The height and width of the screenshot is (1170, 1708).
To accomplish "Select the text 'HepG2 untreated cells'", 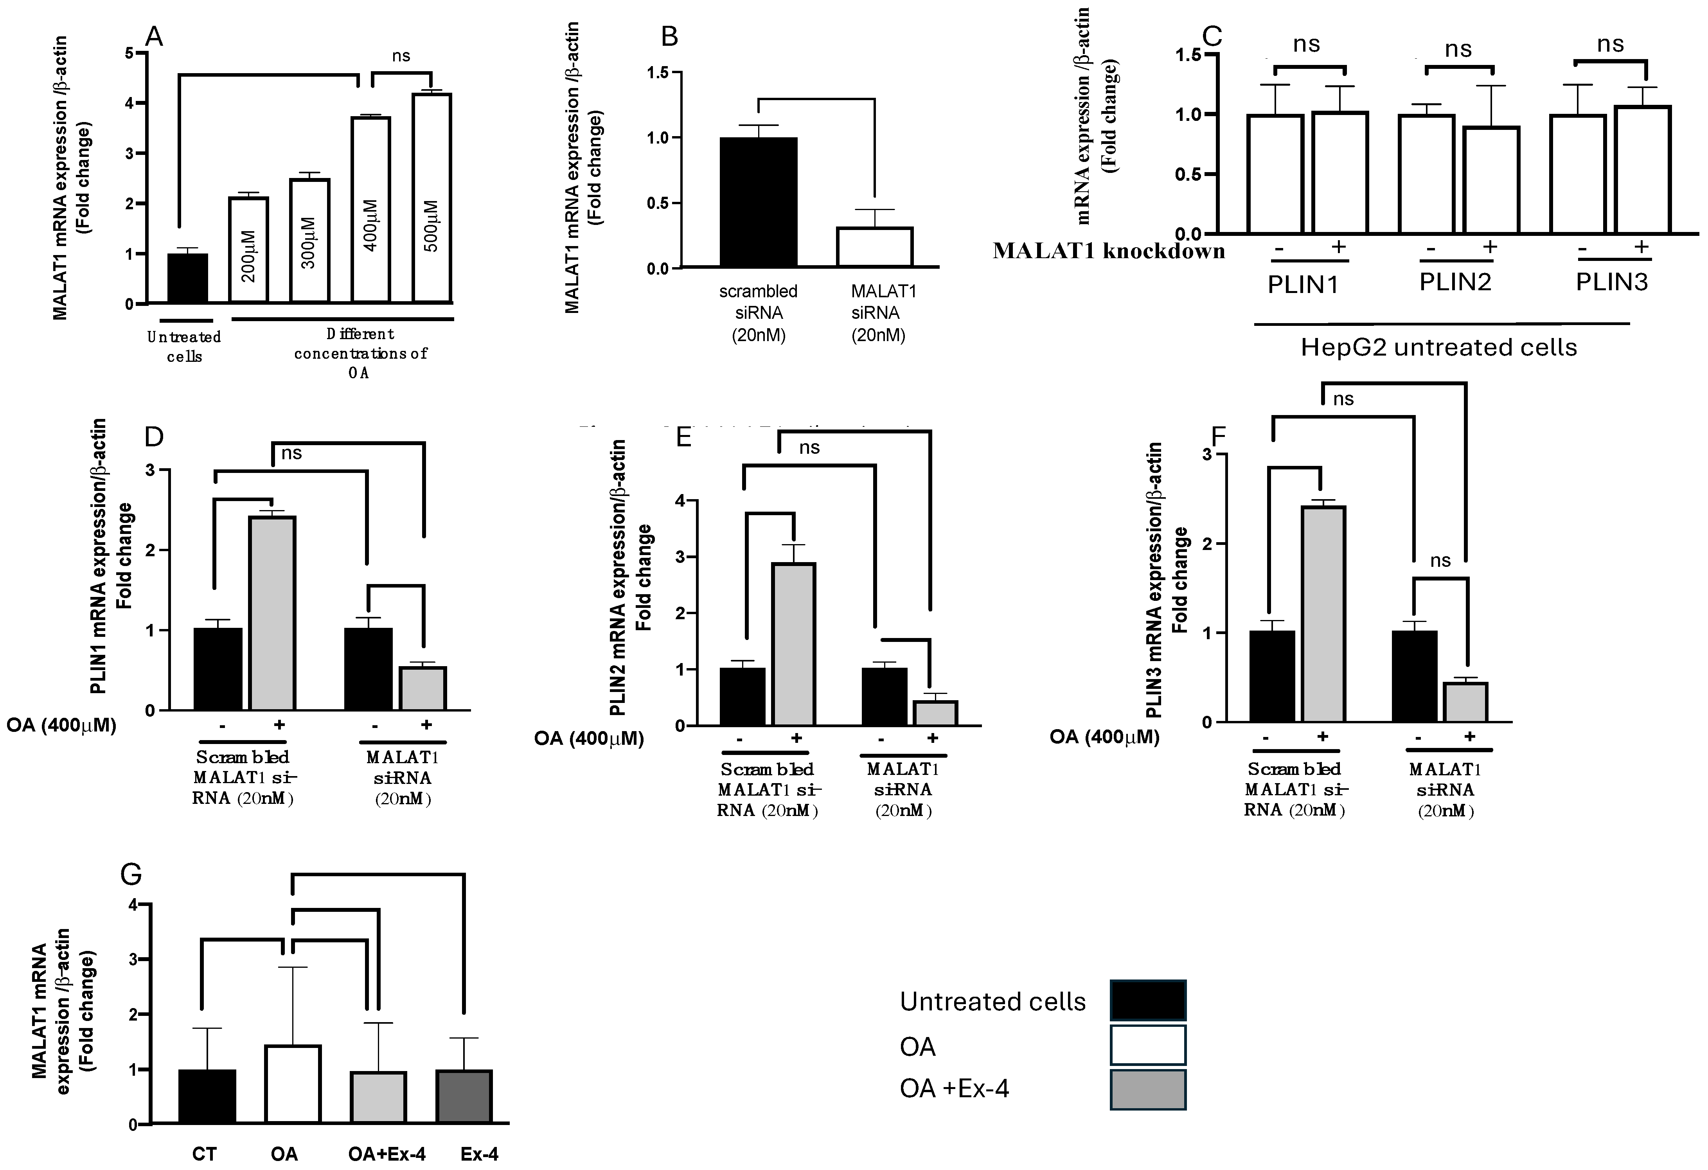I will pos(1438,347).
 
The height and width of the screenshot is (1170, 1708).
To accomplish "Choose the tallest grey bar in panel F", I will pos(1323,614).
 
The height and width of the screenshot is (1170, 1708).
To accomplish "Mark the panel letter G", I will pos(131,875).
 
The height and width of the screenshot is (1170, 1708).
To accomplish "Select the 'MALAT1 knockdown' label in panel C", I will pos(1108,252).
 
